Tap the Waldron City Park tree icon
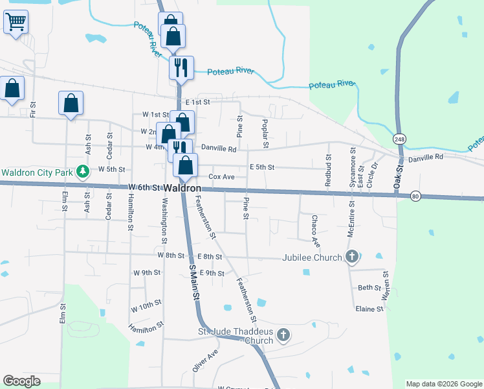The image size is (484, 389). coord(82,172)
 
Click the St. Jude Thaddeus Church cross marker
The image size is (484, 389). coord(282,335)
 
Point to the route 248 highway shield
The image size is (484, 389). coord(399,139)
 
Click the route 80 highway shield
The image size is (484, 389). coord(415,196)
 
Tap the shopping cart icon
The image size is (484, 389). coord(16,21)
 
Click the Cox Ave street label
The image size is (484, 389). coord(221,177)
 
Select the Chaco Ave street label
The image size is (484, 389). coord(315,231)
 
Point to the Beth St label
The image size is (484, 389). coord(369,287)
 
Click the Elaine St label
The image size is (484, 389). coord(369,309)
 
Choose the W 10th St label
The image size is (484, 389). coord(146,305)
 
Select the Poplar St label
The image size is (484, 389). coord(265,132)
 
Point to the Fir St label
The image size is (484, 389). coord(33,108)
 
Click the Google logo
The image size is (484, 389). coord(21,381)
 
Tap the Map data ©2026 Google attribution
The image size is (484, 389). coord(445,384)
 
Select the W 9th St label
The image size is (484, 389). coord(146,273)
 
